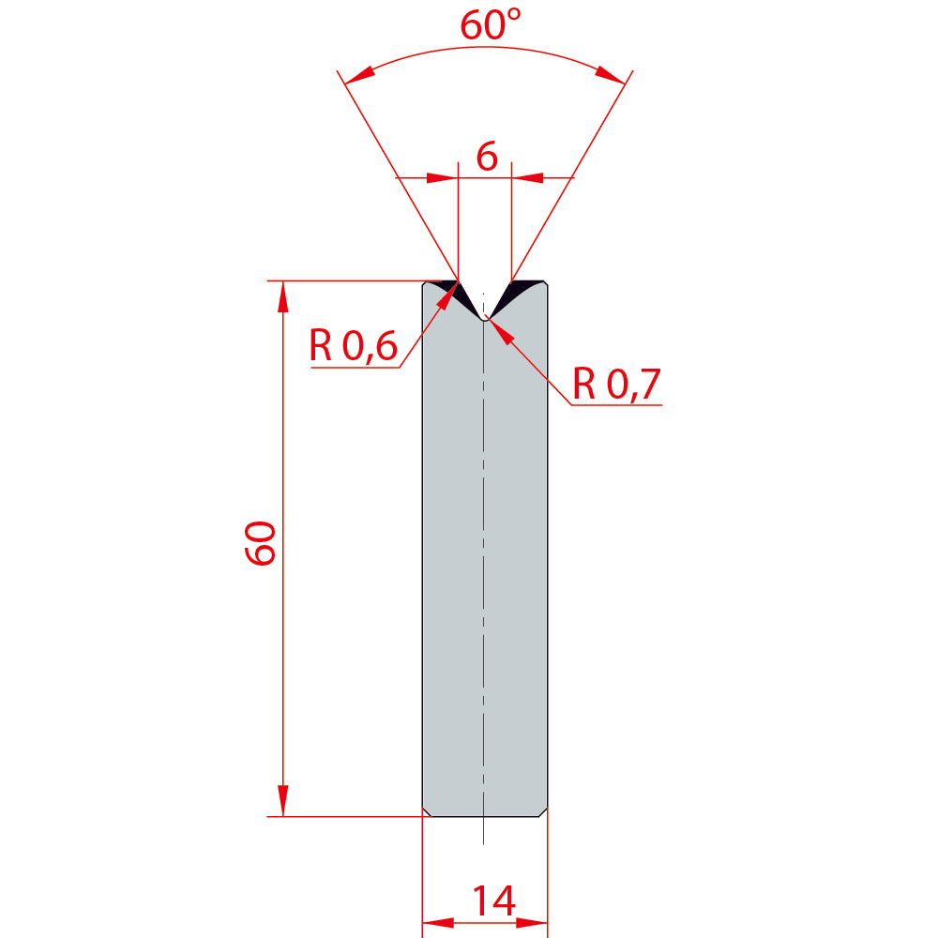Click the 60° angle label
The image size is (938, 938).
(490, 24)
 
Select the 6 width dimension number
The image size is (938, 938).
(486, 157)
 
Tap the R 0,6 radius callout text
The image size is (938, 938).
(353, 345)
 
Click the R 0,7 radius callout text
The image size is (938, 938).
(616, 384)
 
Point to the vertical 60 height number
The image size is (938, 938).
(260, 543)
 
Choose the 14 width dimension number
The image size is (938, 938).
(493, 900)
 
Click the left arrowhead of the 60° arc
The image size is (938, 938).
(359, 75)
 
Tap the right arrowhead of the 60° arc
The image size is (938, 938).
(611, 75)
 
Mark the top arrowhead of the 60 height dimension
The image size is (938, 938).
(283, 296)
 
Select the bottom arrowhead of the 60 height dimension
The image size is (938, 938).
(283, 800)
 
